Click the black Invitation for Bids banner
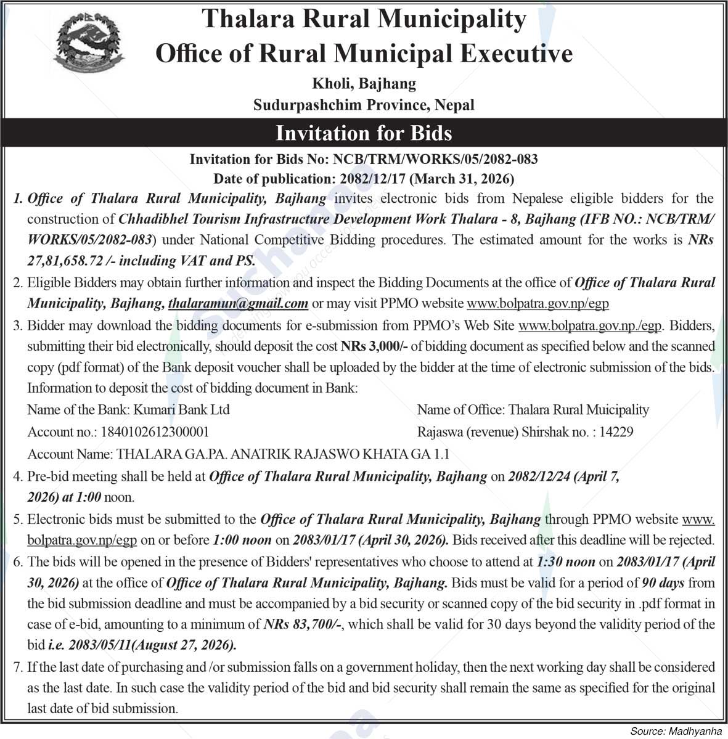click(364, 133)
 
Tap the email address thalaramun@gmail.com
click(238, 303)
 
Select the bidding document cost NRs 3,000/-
click(374, 346)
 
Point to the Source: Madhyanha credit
click(675, 730)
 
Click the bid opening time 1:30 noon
click(566, 561)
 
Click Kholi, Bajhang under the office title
click(364, 83)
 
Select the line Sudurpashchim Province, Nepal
click(364, 105)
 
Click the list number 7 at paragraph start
click(18, 666)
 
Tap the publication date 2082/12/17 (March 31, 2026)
click(423, 179)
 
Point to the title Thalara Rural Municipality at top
click(364, 20)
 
